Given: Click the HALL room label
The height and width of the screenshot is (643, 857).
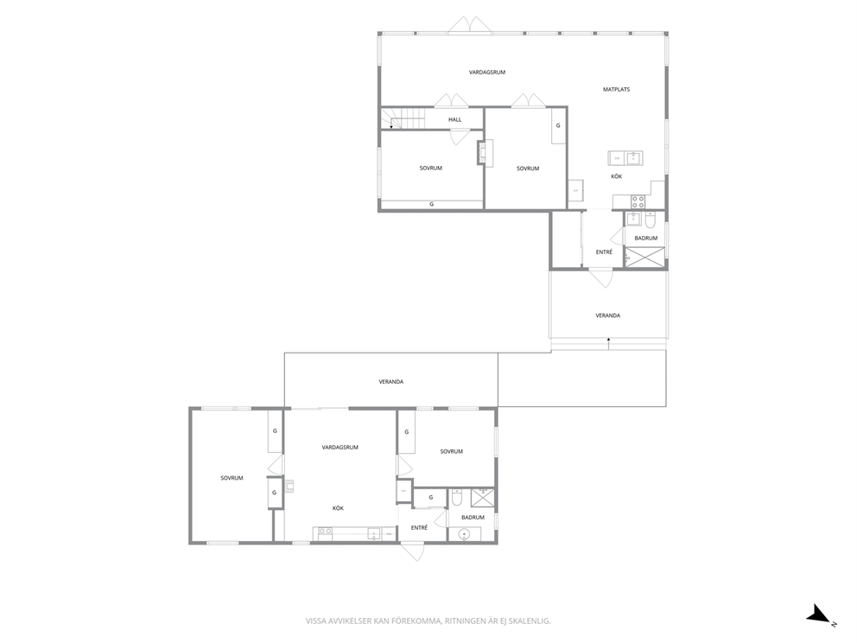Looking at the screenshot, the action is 454,120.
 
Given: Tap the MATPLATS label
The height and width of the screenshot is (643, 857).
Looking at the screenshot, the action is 616,89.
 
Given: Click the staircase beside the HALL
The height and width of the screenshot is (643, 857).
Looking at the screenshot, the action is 403,118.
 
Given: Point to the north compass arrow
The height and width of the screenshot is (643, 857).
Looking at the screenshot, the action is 819,614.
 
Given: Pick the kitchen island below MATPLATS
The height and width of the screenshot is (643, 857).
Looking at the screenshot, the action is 625,158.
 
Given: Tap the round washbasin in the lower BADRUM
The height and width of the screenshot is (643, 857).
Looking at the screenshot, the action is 465,534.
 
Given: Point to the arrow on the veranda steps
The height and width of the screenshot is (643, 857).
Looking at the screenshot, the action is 608,343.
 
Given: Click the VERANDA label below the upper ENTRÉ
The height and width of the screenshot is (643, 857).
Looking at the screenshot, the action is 608,315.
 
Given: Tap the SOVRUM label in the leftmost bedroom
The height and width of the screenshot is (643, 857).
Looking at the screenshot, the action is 232,478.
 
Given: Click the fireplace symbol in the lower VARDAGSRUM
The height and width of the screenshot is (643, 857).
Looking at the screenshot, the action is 289,486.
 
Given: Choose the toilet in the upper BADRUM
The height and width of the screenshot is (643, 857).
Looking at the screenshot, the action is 651,220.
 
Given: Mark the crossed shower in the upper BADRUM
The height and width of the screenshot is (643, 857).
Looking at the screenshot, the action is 644,257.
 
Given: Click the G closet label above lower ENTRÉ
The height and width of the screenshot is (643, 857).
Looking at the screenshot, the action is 431,498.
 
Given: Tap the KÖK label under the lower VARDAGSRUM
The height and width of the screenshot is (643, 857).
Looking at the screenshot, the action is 338,508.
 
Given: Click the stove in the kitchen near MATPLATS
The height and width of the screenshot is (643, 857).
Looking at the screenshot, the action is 638,201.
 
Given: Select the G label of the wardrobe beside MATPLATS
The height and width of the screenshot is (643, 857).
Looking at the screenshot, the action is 558,125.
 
